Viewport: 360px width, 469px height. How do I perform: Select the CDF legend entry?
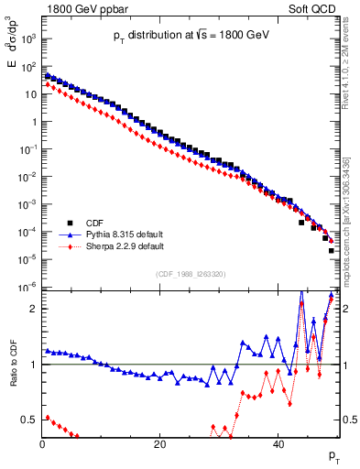tap(95, 222)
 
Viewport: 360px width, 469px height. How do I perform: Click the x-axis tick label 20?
tap(159, 444)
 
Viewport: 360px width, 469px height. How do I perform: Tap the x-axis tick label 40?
tap(278, 444)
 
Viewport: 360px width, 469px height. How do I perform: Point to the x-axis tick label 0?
tap(42, 444)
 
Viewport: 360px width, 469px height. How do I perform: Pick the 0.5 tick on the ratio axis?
tap(28, 420)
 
